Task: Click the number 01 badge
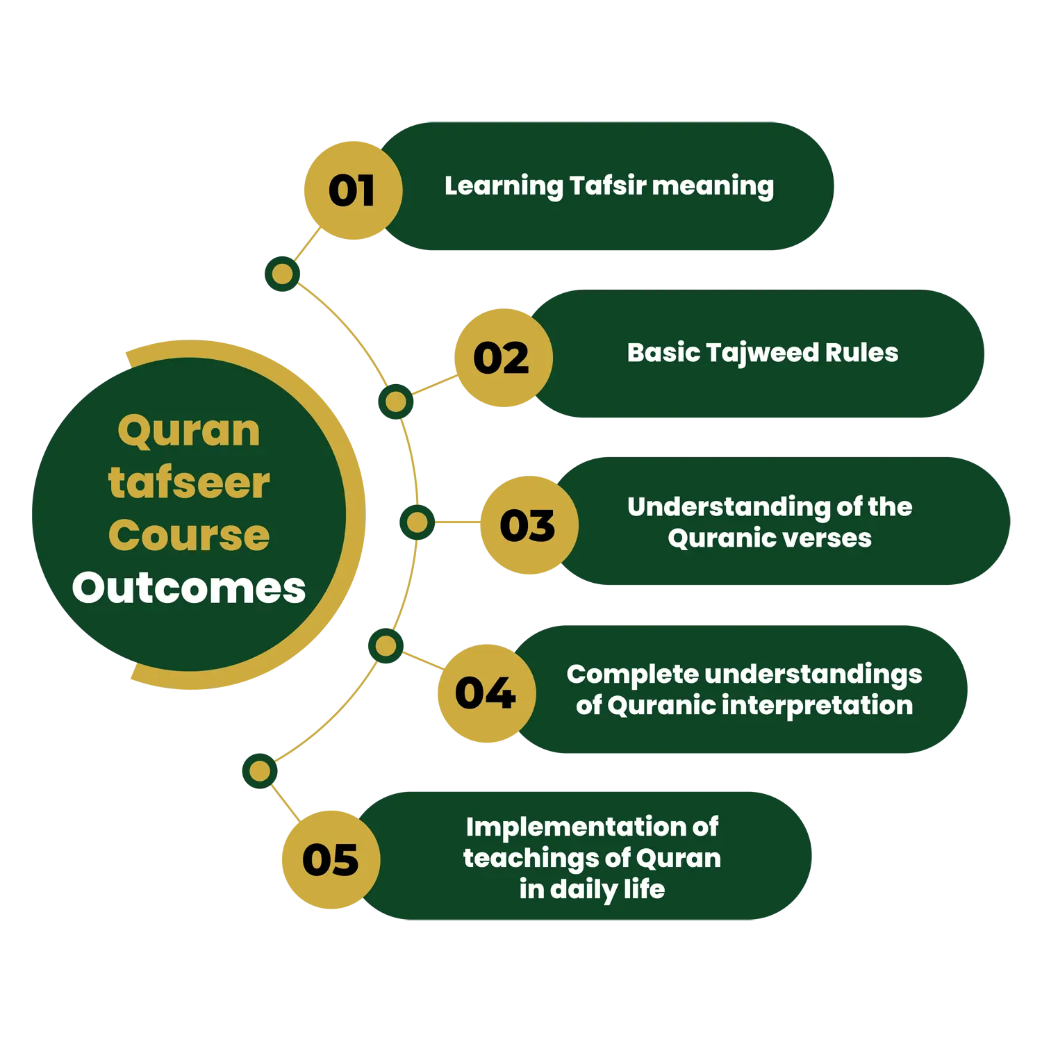[352, 190]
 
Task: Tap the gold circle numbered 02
[502, 358]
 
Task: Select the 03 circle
[528, 525]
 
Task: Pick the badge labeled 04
[486, 693]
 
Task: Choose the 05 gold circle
[331, 859]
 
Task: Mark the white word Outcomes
[189, 588]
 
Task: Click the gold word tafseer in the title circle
[189, 483]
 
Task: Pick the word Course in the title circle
[189, 535]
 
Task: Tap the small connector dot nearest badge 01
[282, 274]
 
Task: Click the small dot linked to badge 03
[417, 522]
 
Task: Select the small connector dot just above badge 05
[260, 770]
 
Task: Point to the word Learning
[504, 186]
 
